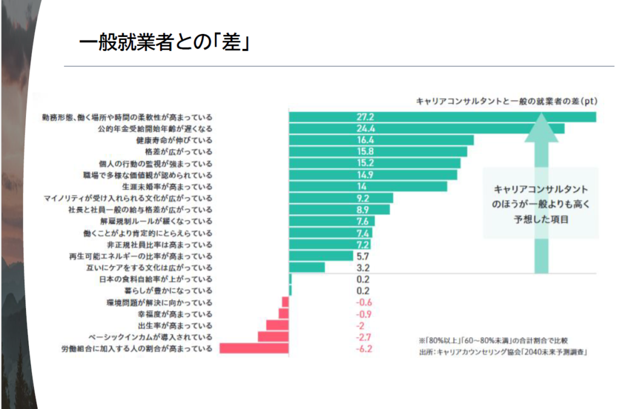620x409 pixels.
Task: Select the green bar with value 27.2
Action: [442, 117]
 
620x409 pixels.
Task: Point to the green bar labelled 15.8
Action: [378, 151]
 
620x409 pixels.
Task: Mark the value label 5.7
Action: [364, 256]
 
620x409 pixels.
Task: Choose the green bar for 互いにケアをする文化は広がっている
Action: [307, 267]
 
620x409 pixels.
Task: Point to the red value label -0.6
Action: [364, 303]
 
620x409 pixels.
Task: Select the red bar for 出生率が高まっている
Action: [277, 326]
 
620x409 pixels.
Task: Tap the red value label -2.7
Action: [364, 337]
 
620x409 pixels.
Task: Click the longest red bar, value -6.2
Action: [254, 348]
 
